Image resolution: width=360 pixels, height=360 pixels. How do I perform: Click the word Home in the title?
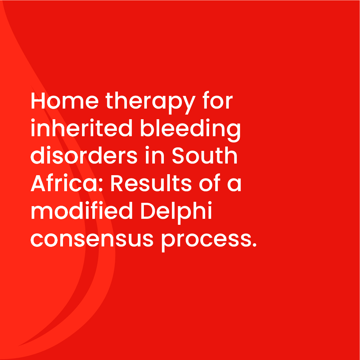point(65,101)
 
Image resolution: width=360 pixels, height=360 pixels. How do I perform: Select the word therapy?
point(151,103)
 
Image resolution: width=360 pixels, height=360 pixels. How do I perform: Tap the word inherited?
point(82,128)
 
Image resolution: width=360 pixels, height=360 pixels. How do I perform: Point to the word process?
point(206,242)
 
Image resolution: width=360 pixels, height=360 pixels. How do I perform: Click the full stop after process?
point(254,245)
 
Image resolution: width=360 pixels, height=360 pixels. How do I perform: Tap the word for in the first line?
point(218,100)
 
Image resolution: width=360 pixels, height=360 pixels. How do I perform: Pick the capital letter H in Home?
point(38,101)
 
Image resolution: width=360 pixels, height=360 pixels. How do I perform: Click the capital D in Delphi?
point(148,211)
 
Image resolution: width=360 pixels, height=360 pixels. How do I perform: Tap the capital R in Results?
point(117,183)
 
